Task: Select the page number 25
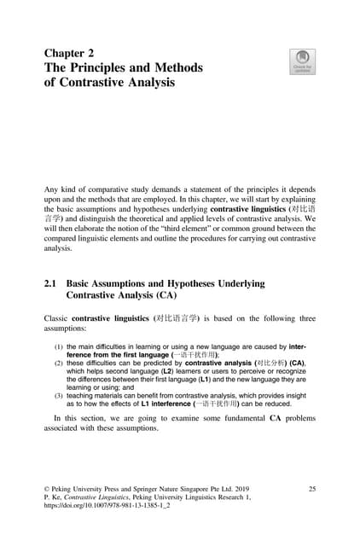tap(312, 488)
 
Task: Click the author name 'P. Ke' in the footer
tap(54, 497)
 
